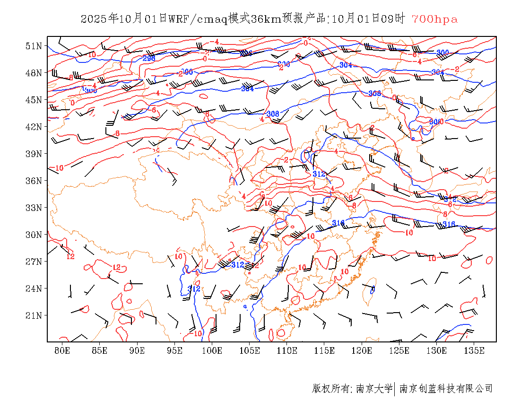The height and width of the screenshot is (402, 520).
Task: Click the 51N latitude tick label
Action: [x=33, y=46]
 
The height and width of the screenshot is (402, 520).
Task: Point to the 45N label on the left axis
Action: [x=33, y=100]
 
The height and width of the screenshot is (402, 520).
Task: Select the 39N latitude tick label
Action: [x=33, y=154]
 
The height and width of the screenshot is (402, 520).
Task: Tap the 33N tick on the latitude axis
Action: [x=33, y=208]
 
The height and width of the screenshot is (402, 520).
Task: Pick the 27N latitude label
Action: [x=33, y=262]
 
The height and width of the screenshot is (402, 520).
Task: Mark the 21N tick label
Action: [x=33, y=315]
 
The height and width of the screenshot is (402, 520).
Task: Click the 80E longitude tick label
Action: [x=62, y=350]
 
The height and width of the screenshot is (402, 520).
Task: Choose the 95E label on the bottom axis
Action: [x=175, y=350]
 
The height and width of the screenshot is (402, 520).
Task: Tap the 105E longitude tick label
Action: [x=250, y=350]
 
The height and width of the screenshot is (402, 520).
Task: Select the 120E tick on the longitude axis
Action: [x=362, y=350]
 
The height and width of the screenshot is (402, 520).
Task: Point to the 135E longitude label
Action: [x=475, y=350]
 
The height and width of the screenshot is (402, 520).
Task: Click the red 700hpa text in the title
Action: [x=434, y=19]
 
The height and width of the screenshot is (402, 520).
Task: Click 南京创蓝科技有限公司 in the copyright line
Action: [x=446, y=389]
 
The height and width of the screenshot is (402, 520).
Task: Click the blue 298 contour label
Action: [x=149, y=58]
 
